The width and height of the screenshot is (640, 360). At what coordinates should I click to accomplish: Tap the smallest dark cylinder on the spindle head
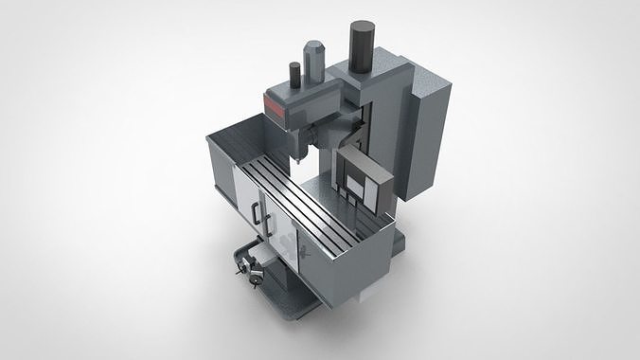[x=294, y=74]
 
